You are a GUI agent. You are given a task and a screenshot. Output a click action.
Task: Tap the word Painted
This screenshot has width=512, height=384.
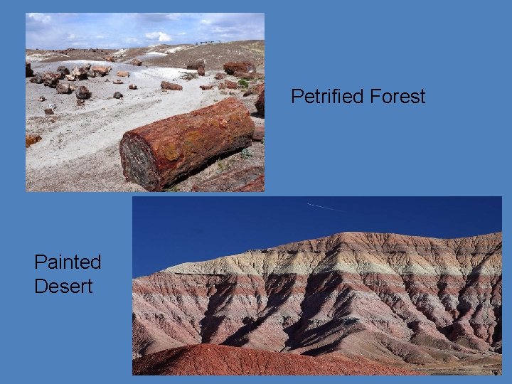click(x=68, y=262)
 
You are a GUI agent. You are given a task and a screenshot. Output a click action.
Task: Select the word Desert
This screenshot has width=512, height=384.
click(x=63, y=286)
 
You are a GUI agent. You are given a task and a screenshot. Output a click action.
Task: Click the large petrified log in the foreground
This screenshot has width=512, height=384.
click(x=188, y=142)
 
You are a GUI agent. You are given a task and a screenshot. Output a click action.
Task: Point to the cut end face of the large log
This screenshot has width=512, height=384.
click(x=139, y=160)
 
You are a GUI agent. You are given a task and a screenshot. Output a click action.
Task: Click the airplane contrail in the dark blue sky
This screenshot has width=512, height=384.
click(x=328, y=207)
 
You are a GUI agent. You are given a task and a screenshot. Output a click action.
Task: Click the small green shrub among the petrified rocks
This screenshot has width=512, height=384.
click(x=243, y=83)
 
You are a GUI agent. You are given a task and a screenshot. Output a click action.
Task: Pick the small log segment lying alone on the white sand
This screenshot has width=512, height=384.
click(x=171, y=86)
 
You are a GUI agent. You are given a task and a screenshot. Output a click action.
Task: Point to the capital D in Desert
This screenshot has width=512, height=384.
click(x=41, y=286)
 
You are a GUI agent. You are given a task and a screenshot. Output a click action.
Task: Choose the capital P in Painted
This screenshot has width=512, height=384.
click(x=41, y=262)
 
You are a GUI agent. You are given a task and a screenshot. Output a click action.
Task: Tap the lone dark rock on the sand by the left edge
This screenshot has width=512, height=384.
click(x=48, y=111)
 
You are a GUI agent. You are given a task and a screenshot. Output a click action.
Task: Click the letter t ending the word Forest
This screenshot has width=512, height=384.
click(x=422, y=97)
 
